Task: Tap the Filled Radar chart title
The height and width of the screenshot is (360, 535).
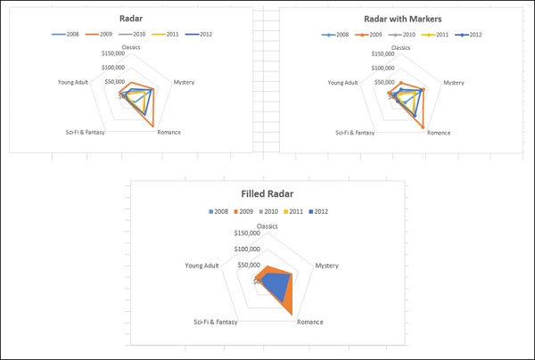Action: coord(267,194)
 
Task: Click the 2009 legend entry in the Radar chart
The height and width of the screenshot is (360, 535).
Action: coord(99,34)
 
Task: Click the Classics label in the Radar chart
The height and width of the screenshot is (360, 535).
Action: coord(134,47)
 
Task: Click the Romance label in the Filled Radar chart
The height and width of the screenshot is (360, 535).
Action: coord(309,322)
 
